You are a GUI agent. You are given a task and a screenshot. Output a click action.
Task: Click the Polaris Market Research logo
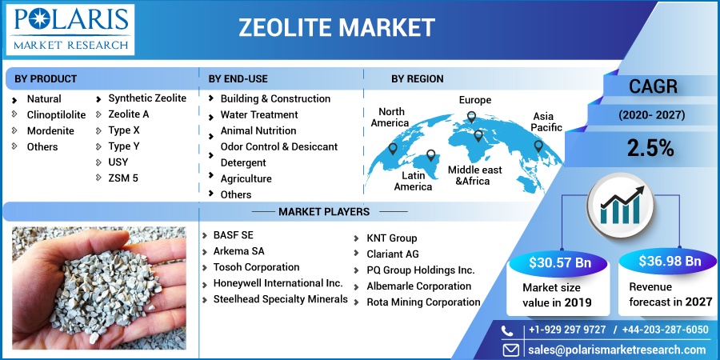[70, 30]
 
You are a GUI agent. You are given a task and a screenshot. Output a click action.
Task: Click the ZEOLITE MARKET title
[337, 28]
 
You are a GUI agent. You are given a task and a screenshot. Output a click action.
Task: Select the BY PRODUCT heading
[46, 78]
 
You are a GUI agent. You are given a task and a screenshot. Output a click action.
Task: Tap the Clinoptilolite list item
[56, 114]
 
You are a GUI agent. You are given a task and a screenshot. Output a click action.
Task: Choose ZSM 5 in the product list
[123, 178]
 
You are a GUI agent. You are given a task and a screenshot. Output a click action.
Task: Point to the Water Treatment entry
[259, 114]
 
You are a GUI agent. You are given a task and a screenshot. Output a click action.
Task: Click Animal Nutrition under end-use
[258, 130]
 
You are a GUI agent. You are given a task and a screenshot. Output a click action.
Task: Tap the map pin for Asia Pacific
[538, 146]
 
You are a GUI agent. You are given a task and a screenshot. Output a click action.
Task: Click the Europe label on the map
[474, 100]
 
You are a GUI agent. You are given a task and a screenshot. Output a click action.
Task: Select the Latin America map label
[413, 181]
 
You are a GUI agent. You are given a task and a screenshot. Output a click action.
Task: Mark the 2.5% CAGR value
[650, 148]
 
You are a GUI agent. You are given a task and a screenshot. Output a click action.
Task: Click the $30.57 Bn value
[560, 263]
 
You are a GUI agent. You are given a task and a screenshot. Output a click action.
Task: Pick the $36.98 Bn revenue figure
[670, 262]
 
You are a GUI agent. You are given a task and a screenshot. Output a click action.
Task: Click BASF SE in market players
[234, 235]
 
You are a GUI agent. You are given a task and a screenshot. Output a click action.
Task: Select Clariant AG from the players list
[393, 254]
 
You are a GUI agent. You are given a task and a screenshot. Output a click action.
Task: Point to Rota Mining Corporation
[423, 302]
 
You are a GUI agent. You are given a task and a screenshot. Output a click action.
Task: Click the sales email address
[617, 350]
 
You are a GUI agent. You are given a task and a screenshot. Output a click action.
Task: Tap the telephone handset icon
[507, 330]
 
